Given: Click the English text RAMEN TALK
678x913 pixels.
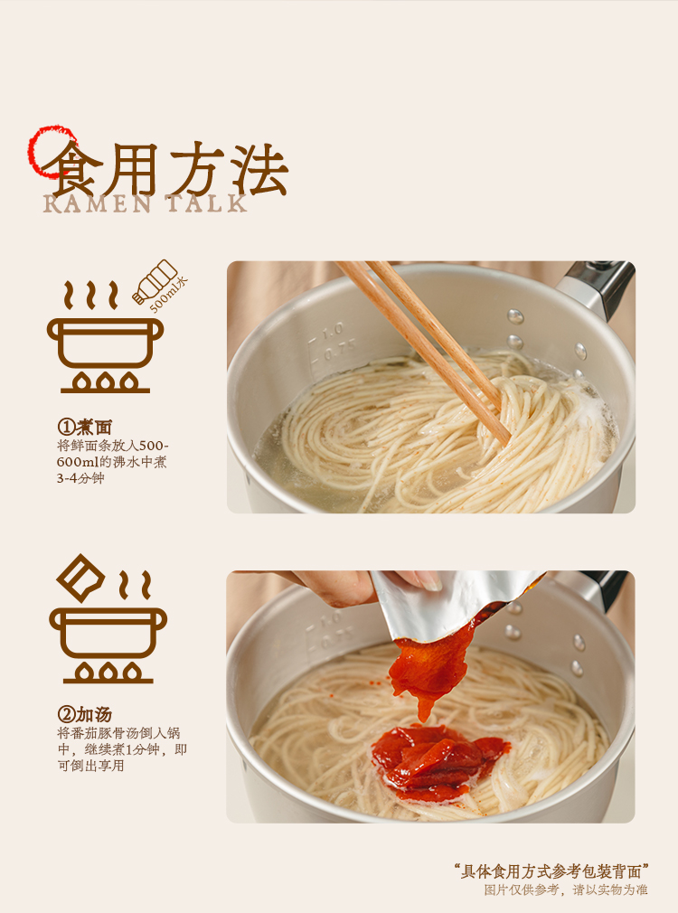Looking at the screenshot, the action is tap(146, 203).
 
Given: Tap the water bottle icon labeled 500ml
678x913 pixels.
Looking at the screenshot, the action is tap(155, 281).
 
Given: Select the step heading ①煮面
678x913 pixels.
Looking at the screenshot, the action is tap(84, 428).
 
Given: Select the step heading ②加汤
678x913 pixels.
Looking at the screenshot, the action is tap(84, 714).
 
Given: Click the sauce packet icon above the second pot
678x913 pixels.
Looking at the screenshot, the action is tap(80, 578).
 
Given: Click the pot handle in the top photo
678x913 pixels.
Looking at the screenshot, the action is tap(597, 288).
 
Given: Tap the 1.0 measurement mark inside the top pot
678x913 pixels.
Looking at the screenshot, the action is tap(333, 332).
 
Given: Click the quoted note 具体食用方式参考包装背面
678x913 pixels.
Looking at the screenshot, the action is tap(551, 871).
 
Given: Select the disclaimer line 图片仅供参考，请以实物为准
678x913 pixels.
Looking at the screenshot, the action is tap(566, 889).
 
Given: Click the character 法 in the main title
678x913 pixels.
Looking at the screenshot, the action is tap(259, 169).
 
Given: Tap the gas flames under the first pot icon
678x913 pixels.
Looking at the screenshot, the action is tap(105, 382).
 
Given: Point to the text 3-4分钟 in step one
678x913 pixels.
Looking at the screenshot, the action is tap(80, 478).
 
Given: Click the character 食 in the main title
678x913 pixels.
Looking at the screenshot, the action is tap(70, 169).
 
